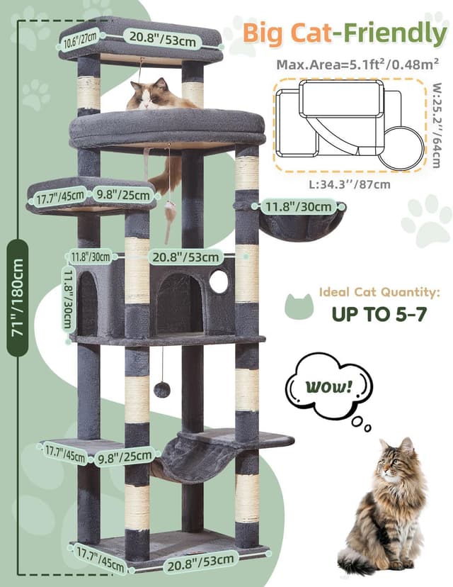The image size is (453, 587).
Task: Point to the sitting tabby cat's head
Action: [x=397, y=460]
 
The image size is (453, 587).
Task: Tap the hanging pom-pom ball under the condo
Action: [x=162, y=389]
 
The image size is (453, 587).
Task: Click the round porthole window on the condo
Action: [x=219, y=282]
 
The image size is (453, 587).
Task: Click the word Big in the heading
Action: [x=267, y=33]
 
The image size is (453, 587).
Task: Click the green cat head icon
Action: [x=298, y=306]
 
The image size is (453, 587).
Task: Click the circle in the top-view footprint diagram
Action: [x=401, y=147]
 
